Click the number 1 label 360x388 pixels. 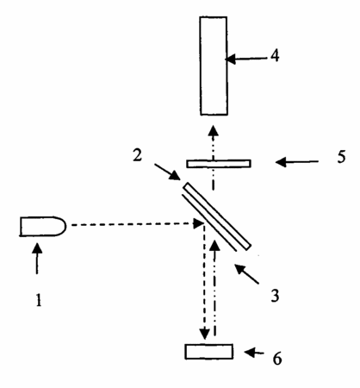[x=39, y=300]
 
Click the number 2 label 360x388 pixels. [x=137, y=155]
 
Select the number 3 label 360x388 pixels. [x=275, y=296]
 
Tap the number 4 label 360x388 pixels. [x=275, y=55]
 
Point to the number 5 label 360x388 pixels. [x=341, y=157]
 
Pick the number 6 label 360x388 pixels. [x=277, y=359]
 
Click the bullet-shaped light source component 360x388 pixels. [x=43, y=226]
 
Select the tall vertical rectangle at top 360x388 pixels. [x=214, y=66]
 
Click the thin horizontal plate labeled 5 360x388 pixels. [x=219, y=164]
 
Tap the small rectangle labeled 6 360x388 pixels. [x=209, y=352]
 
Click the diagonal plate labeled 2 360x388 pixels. [x=217, y=216]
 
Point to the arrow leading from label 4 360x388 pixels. [x=246, y=59]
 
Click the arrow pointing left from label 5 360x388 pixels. [x=297, y=162]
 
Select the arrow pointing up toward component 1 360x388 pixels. [x=37, y=259]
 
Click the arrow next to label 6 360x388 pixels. [x=254, y=352]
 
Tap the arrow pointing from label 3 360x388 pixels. [x=246, y=274]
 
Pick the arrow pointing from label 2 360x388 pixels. [x=167, y=172]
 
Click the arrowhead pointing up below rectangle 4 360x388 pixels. [x=213, y=130]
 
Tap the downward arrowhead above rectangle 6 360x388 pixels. [x=205, y=335]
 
